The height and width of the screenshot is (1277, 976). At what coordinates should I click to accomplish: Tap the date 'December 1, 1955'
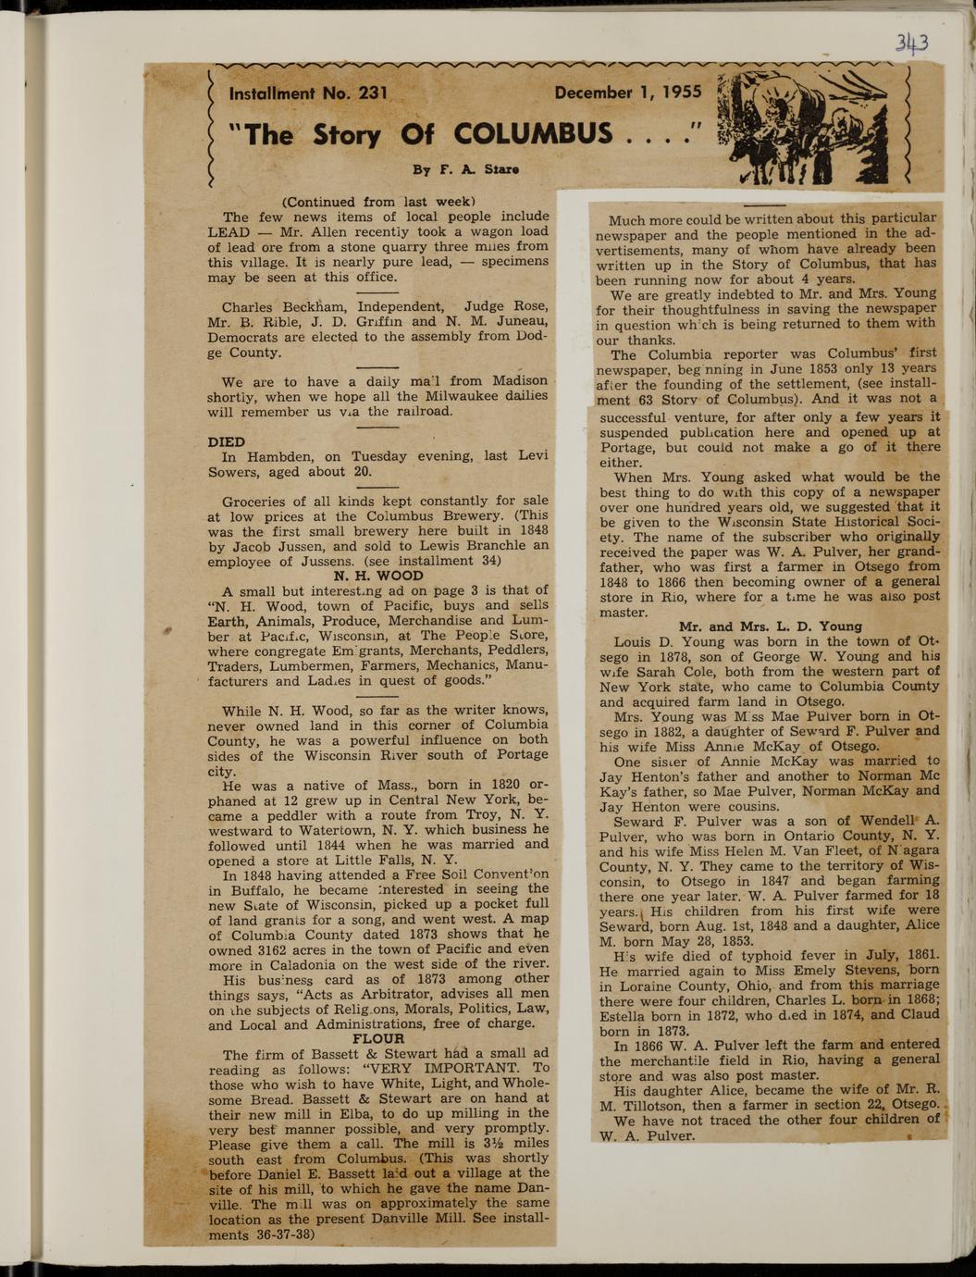click(x=627, y=93)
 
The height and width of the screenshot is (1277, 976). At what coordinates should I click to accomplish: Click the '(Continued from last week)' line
click(x=378, y=201)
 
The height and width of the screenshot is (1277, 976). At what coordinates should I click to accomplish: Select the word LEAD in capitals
click(x=228, y=231)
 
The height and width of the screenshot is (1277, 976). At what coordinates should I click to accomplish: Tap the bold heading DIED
click(x=227, y=441)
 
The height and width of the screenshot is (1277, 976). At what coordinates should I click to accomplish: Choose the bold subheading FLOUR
click(x=378, y=1038)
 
